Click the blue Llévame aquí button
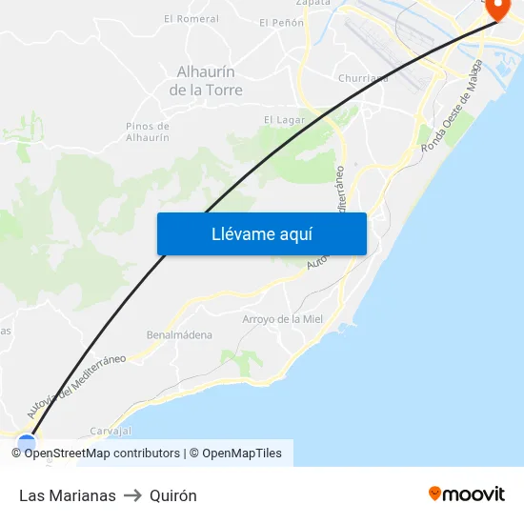point(261,233)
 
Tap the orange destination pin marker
point(498,8)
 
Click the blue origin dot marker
point(26,442)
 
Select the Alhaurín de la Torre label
point(206,81)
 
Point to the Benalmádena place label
point(179,335)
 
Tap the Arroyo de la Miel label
point(283,319)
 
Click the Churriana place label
point(362,79)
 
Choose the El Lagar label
point(284,120)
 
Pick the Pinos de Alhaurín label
point(148,131)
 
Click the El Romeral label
point(191,18)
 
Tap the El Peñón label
point(281,22)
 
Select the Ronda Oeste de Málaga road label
point(460,107)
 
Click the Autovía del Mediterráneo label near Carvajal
point(76,387)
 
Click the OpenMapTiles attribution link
point(242,453)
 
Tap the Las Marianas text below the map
point(68,495)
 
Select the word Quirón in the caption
point(173,495)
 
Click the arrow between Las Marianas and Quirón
point(132,495)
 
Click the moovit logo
point(467,494)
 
